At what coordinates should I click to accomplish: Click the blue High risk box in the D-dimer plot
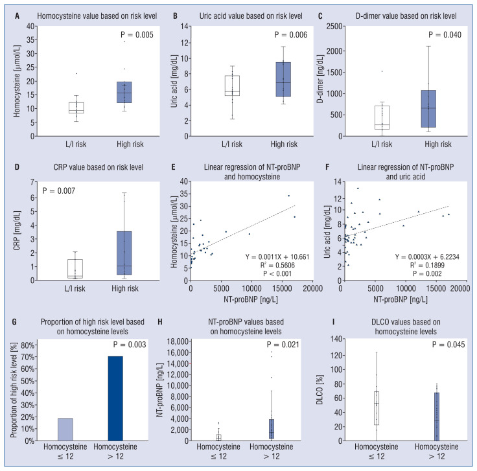click(x=428, y=109)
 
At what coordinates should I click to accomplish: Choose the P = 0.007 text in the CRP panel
click(x=60, y=191)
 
